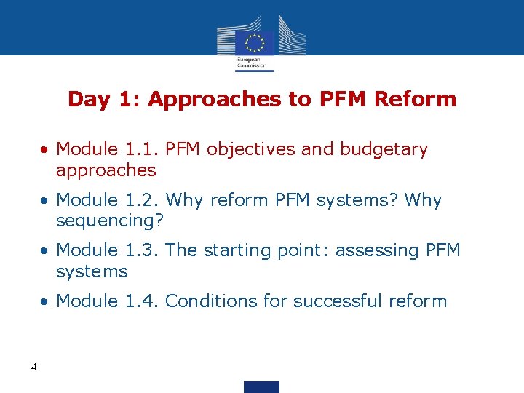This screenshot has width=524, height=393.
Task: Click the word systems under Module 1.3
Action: pyautogui.click(x=92, y=272)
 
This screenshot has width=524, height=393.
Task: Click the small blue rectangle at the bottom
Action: pyautogui.click(x=261, y=386)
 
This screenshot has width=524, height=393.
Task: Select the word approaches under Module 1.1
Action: pyautogui.click(x=106, y=171)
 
